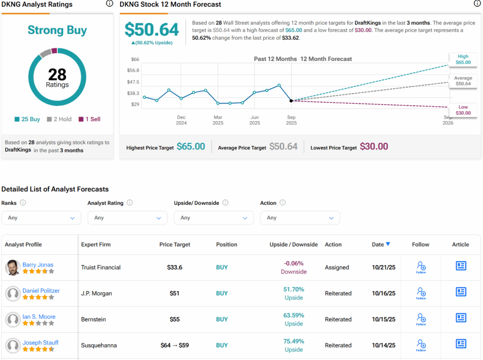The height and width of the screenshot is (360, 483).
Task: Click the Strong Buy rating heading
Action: point(57,30)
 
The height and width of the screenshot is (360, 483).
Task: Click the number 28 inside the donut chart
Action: point(57,74)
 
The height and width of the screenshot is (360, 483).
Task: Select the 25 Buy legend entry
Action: point(27,119)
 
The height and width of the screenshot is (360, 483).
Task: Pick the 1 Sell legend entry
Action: point(90,119)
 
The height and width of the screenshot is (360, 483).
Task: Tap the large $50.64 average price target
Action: point(152,30)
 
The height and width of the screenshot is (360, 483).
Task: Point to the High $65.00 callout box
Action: point(463,59)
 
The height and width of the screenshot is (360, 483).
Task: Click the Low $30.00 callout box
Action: point(463,110)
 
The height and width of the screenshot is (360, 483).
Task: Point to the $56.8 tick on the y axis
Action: point(133,70)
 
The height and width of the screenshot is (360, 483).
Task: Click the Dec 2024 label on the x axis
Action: point(181,120)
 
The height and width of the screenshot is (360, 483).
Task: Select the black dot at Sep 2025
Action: point(291,100)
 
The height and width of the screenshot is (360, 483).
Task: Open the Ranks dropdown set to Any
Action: point(41,218)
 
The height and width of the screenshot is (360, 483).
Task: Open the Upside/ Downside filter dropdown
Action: point(214,218)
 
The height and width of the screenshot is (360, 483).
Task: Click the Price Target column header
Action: point(175,244)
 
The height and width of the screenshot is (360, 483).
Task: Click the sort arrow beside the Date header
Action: point(388,244)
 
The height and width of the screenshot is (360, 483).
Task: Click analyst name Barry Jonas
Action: point(38,265)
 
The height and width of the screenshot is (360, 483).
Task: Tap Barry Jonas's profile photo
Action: point(13,268)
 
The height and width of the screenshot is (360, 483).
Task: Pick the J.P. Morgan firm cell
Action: point(97,293)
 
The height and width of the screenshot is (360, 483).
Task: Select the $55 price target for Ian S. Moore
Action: point(175,319)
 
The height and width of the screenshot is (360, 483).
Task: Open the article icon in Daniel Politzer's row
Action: point(461,292)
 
